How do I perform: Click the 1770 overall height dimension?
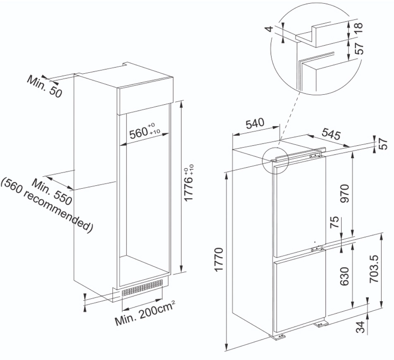tap(219, 259)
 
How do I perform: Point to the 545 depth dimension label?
tap(331, 134)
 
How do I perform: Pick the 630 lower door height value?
tap(344, 276)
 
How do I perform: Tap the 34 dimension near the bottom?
tap(361, 327)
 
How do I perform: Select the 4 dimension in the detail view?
tap(269, 29)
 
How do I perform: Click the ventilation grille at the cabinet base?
tap(143, 288)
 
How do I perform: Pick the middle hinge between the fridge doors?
tap(318, 249)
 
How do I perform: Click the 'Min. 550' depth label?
tap(52, 192)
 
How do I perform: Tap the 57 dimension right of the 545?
tap(384, 144)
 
